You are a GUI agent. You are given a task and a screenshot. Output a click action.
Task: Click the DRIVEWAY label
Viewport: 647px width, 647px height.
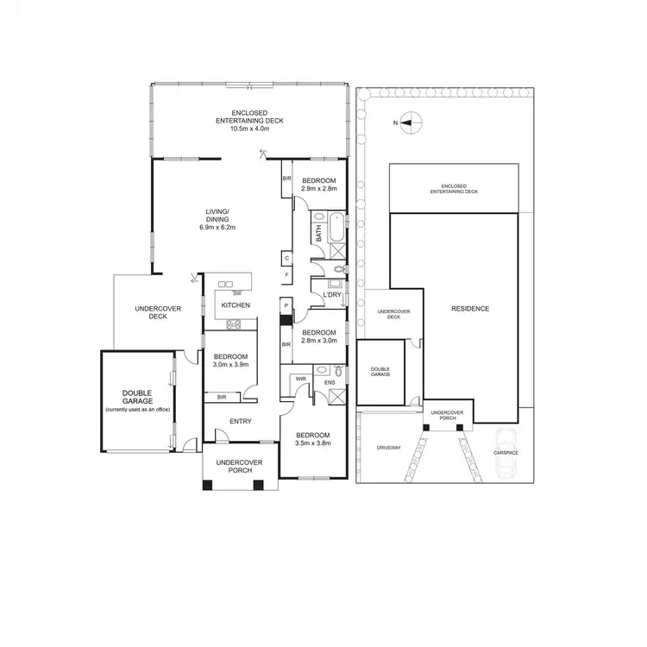[x=389, y=449]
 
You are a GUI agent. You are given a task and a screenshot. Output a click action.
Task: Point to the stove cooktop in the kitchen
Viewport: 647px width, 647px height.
[x=233, y=325]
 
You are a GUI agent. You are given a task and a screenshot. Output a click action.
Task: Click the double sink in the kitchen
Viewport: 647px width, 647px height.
[x=227, y=283]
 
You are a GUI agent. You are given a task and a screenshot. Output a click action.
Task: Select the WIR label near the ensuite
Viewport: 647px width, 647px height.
[x=300, y=378]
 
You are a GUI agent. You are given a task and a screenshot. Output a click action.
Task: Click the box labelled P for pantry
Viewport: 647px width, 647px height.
[x=286, y=305]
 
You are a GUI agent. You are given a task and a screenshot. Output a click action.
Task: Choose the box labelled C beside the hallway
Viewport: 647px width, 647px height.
[x=286, y=257]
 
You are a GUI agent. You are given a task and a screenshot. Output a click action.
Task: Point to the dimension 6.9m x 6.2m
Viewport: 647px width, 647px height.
[x=217, y=228]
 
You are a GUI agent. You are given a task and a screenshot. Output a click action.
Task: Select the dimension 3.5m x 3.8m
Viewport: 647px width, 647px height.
[x=312, y=443]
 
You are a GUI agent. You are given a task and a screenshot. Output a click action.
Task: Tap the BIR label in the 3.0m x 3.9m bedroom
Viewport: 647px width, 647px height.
[x=222, y=397]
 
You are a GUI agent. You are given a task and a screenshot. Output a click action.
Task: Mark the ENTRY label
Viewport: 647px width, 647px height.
[x=240, y=421]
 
